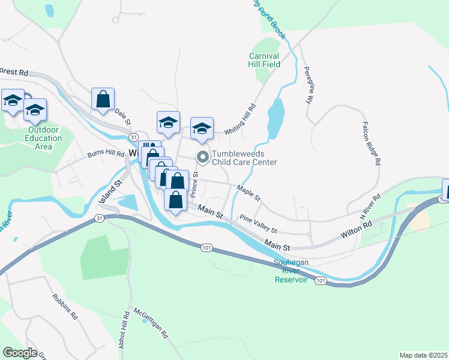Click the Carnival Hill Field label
click(265, 60)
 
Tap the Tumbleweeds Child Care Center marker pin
click(203, 158)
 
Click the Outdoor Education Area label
click(44, 139)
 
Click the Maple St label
click(249, 193)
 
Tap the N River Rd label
click(370, 206)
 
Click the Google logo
click(20, 352)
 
